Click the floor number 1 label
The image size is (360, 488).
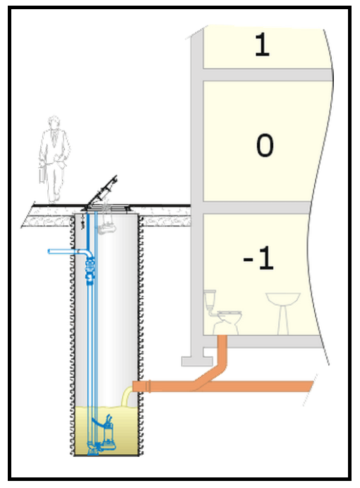click(262, 44)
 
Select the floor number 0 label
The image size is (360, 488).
click(265, 145)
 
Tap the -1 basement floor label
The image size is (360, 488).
click(258, 258)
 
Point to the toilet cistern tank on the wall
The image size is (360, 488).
click(210, 298)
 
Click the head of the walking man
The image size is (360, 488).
click(54, 121)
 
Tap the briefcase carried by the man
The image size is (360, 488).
click(42, 175)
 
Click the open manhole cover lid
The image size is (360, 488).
click(102, 191)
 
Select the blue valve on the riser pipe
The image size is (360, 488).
click(90, 270)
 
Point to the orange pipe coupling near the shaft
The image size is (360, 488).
click(148, 386)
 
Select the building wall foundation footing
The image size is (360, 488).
click(197, 361)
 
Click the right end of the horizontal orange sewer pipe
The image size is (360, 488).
click(311, 386)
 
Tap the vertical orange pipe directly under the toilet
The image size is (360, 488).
click(222, 349)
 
